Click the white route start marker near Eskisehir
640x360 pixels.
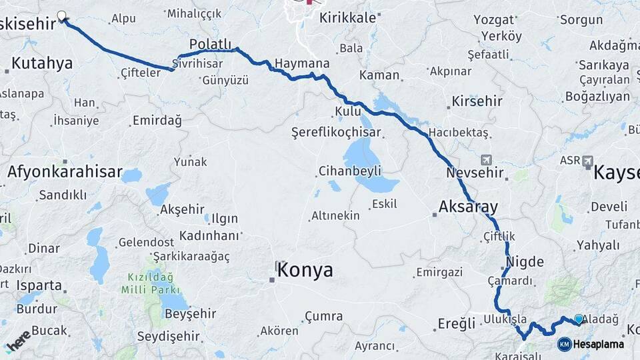[62, 15]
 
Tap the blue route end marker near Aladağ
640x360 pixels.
[578, 319]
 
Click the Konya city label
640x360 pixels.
[305, 270]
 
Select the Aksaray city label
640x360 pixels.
[468, 206]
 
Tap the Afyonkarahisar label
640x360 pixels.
[65, 172]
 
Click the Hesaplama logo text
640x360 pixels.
[598, 344]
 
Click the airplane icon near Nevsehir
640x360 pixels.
[487, 160]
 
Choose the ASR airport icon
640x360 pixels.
[588, 160]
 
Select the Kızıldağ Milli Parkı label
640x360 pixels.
[147, 283]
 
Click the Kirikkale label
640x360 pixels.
[348, 18]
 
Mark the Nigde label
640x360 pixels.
[525, 261]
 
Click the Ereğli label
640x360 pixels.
[457, 323]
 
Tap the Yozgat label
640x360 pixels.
[494, 19]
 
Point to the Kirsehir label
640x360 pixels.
[477, 101]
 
